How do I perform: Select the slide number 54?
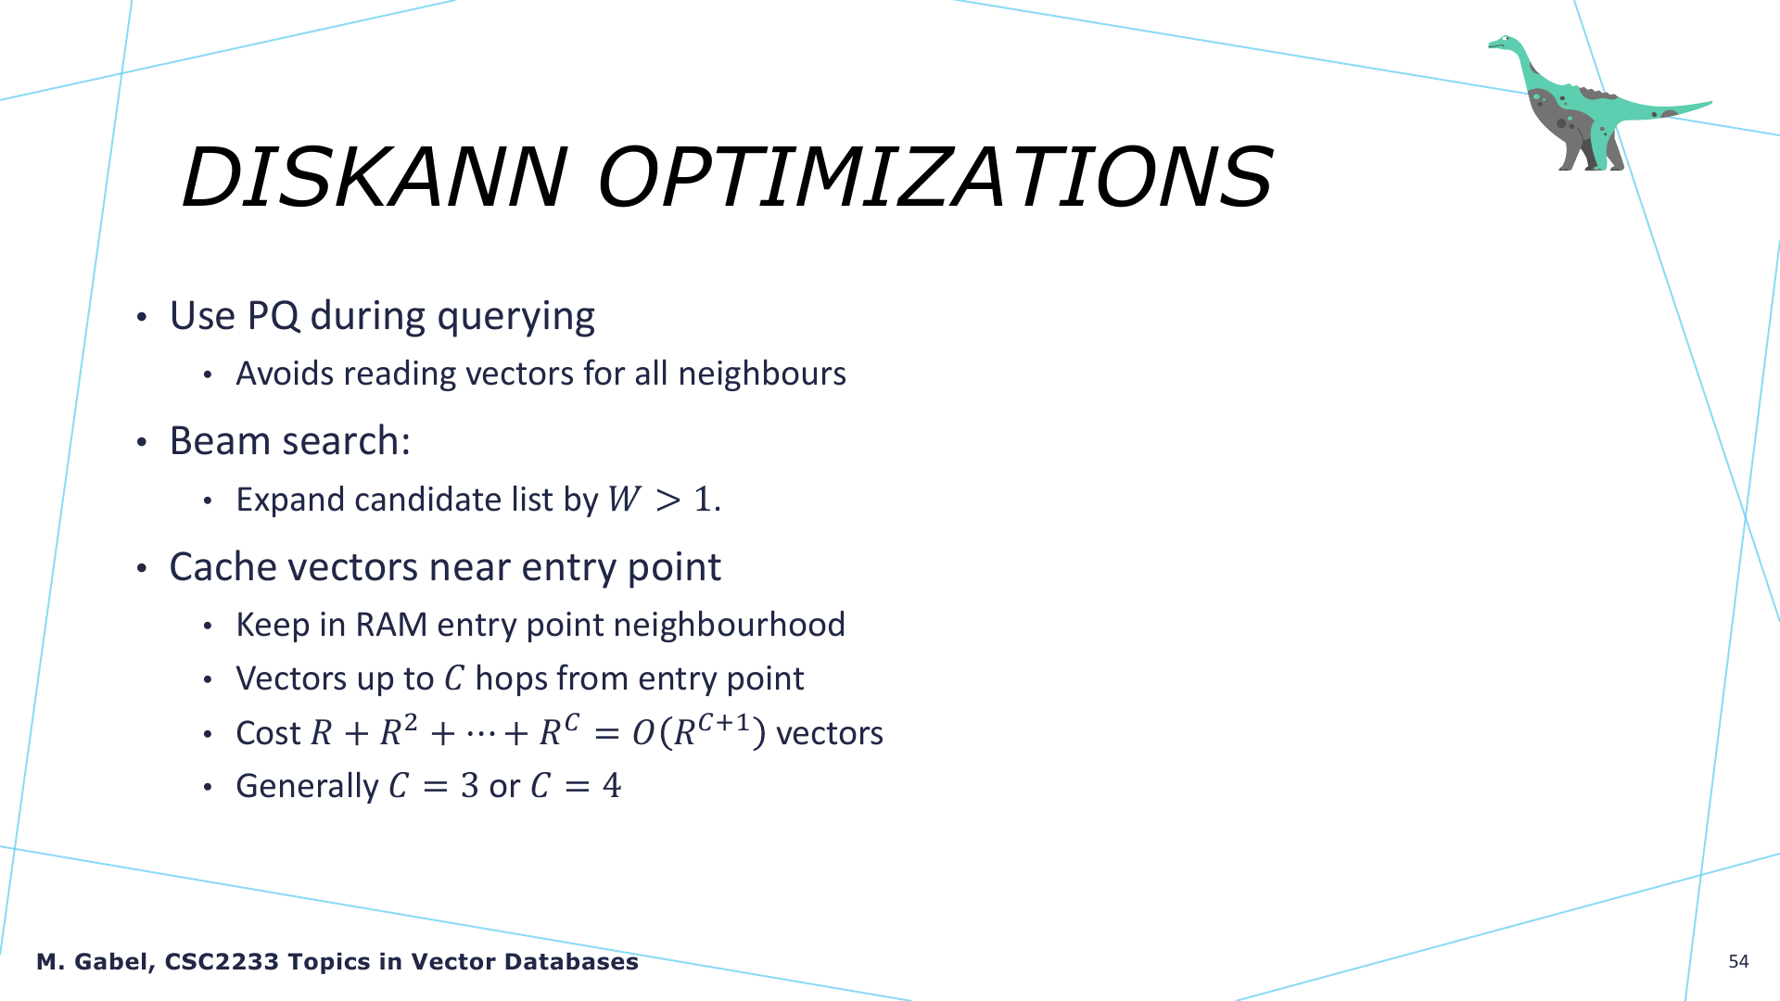coord(1738,961)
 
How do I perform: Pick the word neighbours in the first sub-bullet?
coord(762,374)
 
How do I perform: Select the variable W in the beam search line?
coord(625,500)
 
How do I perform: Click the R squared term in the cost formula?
coord(399,730)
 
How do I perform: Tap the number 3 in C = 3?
coord(469,786)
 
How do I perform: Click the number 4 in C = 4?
coord(612,786)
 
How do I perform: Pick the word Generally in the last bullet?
coord(307,786)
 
